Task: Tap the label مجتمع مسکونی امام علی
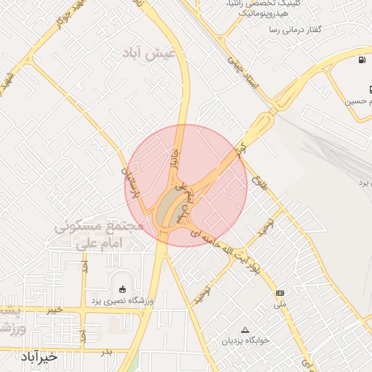99,235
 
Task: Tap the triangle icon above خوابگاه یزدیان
245,329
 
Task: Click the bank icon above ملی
280,293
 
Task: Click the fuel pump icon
361,60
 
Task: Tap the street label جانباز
174,156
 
